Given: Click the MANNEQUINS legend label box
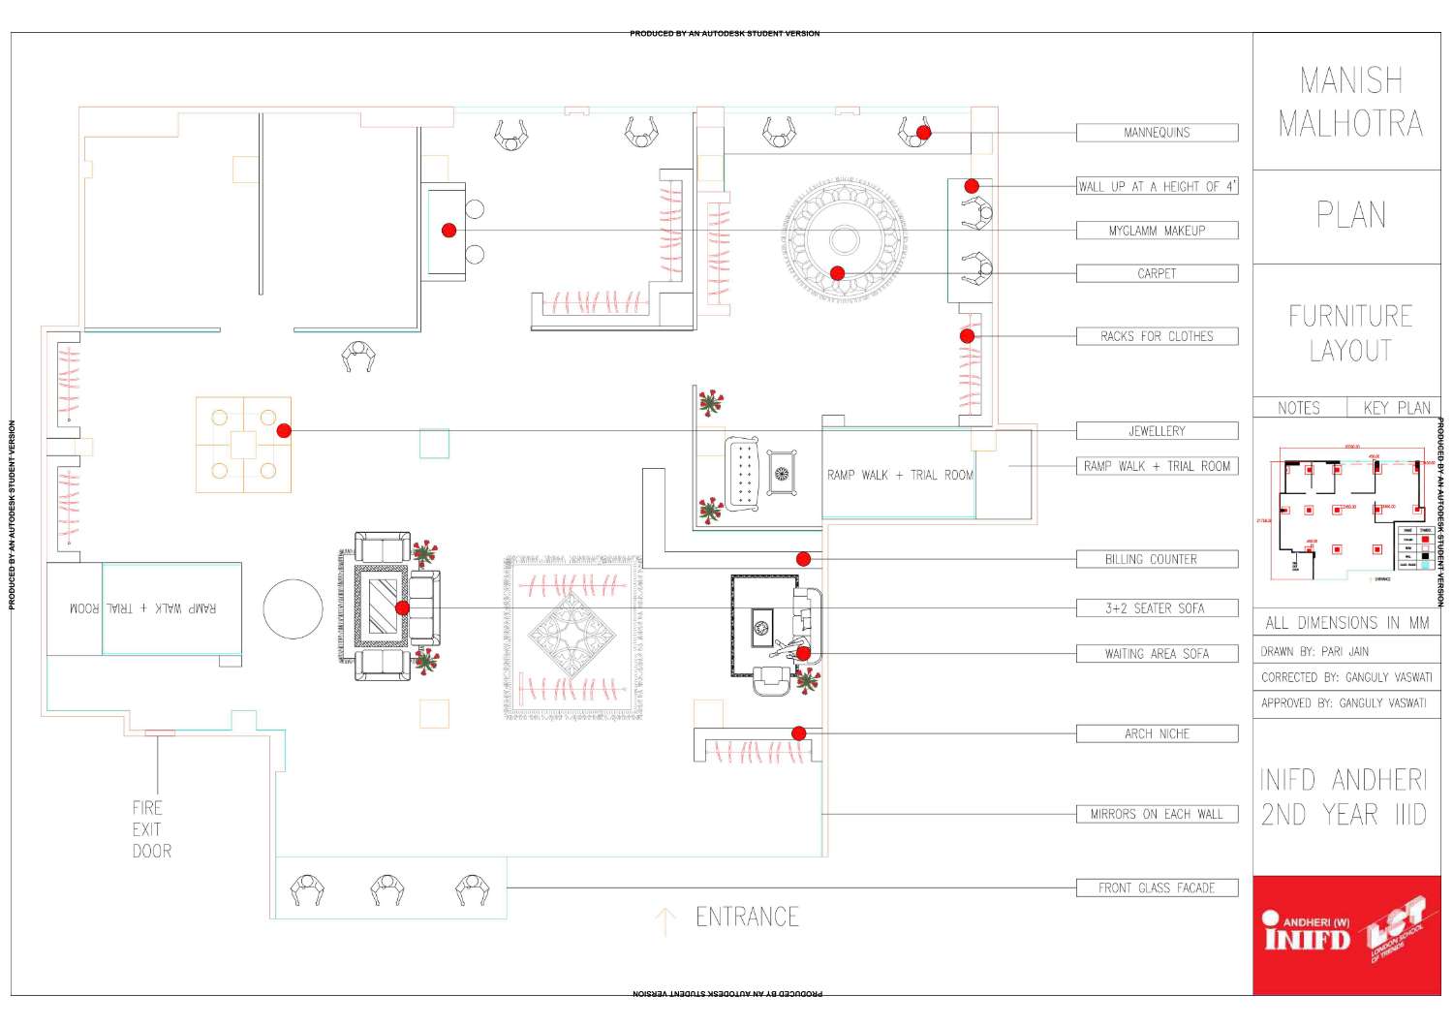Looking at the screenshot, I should pos(1157,133).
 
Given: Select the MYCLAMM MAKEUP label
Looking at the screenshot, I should pos(1157,231).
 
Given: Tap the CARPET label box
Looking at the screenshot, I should pos(1157,274).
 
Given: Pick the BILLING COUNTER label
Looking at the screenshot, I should pos(1157,559).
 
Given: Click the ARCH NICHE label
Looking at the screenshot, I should pos(1157,734).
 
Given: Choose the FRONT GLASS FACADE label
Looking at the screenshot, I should pos(1157,887).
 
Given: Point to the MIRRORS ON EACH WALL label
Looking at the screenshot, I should pos(1157,815).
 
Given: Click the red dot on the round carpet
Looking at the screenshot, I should pos(838,273).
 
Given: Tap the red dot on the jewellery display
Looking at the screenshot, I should pos(284,430).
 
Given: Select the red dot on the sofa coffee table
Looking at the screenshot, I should pos(403,608).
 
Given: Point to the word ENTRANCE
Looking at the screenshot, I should pos(747,917).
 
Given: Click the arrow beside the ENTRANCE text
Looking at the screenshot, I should pos(665,921).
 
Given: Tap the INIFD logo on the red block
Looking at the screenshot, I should pos(1307,934).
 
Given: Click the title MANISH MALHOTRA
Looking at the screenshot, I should pos(1349,102).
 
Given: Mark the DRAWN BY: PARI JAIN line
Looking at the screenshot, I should pos(1314,652).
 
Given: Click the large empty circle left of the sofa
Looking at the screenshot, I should pos(293,609).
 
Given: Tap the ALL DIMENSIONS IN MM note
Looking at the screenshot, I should pos(1345,623).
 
